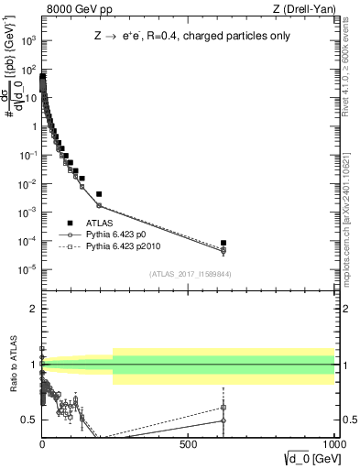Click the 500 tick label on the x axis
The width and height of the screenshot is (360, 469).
[x=188, y=447]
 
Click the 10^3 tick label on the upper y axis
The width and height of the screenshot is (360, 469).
[x=27, y=41]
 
